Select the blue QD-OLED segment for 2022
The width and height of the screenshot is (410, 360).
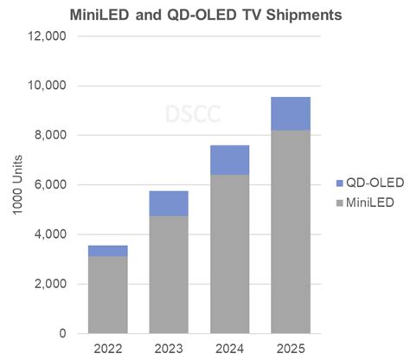pyautogui.click(x=107, y=250)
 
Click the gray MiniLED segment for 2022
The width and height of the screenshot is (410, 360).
pyautogui.click(x=107, y=294)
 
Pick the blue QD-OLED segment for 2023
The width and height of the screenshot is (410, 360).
pyautogui.click(x=169, y=203)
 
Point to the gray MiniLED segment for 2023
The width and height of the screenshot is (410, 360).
pyautogui.click(x=169, y=274)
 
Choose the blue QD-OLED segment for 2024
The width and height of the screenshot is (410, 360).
pyautogui.click(x=229, y=160)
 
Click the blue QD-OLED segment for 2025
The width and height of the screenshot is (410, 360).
pyautogui.click(x=291, y=113)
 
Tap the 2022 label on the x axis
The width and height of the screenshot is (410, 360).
pyautogui.click(x=107, y=348)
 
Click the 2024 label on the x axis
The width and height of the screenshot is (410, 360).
pyautogui.click(x=229, y=348)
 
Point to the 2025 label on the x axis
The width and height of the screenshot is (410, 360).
pyautogui.click(x=291, y=348)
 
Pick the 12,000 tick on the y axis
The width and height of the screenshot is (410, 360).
pyautogui.click(x=48, y=36)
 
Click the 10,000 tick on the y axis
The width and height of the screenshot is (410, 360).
pyautogui.click(x=48, y=86)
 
